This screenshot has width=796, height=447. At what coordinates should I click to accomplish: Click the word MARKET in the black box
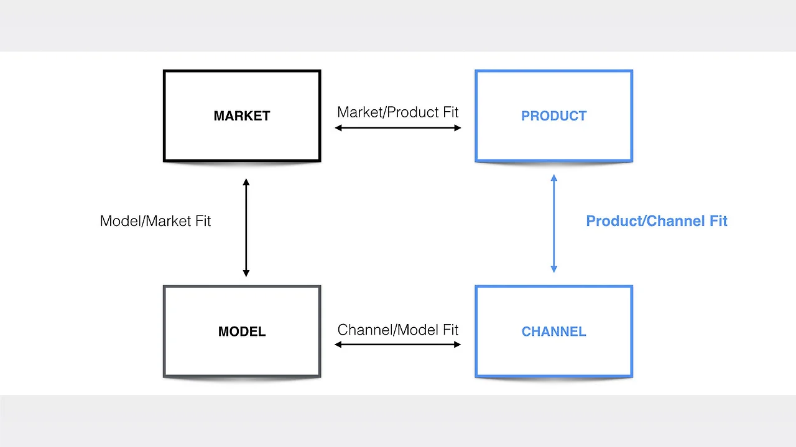[x=242, y=116]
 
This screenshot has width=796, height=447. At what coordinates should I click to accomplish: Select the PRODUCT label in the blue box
[x=553, y=116]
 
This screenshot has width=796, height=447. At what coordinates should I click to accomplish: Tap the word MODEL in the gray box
[x=242, y=332]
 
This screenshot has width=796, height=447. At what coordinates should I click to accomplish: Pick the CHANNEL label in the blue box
[x=553, y=332]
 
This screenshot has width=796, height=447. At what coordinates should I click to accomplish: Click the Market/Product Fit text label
[x=397, y=112]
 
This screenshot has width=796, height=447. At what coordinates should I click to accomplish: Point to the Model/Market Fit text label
[x=155, y=221]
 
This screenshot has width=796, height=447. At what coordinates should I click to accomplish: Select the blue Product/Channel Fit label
[x=657, y=221]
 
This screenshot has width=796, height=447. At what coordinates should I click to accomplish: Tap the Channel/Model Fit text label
[x=397, y=330]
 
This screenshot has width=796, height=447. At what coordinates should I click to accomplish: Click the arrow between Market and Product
[x=398, y=128]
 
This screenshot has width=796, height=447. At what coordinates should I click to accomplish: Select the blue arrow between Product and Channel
[x=553, y=223]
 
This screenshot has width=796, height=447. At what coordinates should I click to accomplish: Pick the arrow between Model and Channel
[x=398, y=345]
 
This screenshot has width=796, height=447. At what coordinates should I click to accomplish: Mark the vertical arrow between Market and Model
[x=246, y=227]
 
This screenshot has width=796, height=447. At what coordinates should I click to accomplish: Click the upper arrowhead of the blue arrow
[x=553, y=179]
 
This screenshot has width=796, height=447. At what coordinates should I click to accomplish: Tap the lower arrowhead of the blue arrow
[x=553, y=269]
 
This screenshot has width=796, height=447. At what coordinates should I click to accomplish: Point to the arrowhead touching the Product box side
[x=457, y=128]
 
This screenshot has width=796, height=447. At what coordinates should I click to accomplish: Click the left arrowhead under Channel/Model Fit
[x=339, y=345]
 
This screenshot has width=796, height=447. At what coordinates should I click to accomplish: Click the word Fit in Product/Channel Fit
[x=715, y=221]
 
